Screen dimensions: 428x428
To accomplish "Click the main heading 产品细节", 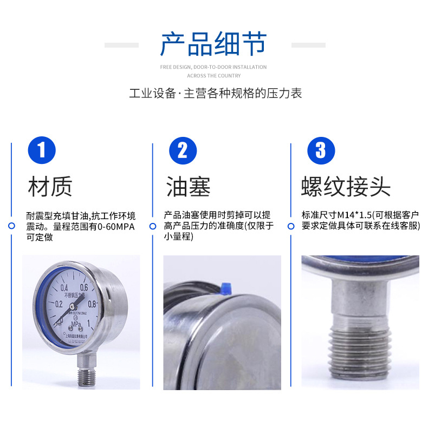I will (x=213, y=44).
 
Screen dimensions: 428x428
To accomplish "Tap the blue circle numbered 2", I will (x=183, y=150).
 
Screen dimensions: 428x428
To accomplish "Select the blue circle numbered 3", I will (x=321, y=150).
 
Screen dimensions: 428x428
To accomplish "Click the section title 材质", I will (x=50, y=187).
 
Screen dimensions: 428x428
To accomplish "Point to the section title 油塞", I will (x=188, y=187).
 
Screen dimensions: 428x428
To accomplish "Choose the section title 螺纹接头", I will (x=346, y=187).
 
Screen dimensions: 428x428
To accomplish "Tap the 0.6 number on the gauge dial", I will (x=84, y=288).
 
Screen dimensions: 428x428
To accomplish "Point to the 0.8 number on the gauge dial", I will (x=92, y=304).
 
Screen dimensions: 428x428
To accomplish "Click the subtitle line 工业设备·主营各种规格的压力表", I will (x=215, y=93).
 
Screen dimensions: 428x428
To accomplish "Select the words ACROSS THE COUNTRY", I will (x=214, y=76).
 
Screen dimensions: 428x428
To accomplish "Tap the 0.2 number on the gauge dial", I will (x=59, y=304).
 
